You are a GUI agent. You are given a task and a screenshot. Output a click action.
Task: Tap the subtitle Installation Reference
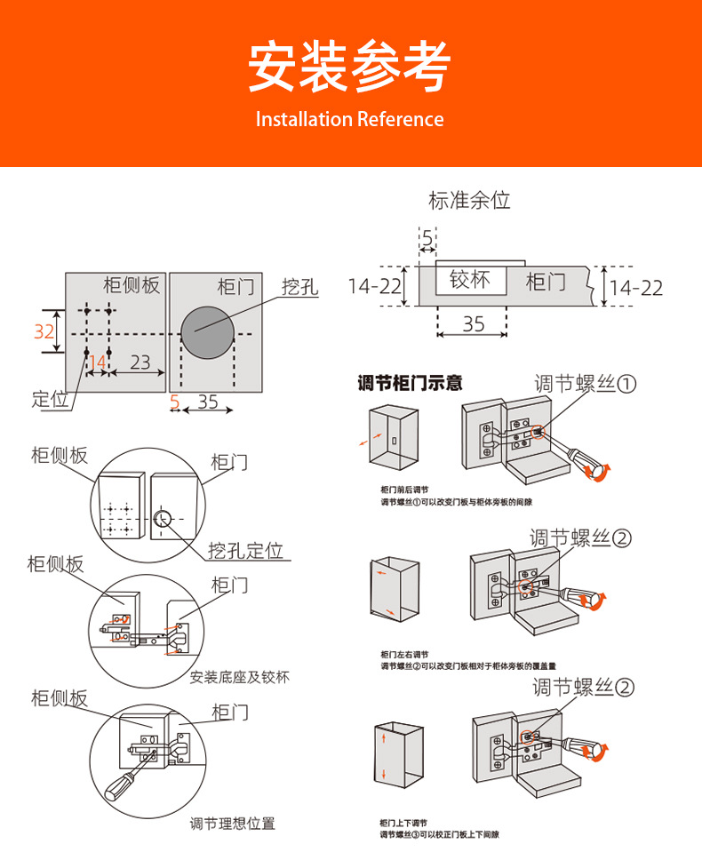pos(349,119)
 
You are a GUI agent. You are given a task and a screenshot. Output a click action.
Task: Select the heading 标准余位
pos(469,200)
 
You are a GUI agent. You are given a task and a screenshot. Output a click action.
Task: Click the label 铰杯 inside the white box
pos(470,280)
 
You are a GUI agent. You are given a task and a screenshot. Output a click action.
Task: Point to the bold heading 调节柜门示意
pos(410,384)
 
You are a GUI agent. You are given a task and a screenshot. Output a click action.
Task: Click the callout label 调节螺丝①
pos(586,384)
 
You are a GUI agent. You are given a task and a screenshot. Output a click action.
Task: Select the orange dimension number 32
pos(44,331)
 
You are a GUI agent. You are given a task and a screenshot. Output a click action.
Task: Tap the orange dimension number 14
pos(97,362)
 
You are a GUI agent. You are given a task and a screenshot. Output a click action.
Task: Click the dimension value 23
pos(140,362)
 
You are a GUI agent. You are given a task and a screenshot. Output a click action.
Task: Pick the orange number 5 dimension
pos(174,402)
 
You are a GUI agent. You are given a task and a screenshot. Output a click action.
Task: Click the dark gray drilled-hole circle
pos(208,330)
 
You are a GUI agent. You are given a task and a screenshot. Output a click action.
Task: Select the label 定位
pos(50,399)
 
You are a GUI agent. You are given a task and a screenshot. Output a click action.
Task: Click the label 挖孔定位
pos(245,550)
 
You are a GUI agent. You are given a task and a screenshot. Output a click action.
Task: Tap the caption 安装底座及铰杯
pos(240,677)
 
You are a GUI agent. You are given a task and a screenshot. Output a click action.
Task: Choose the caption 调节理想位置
pos(233,823)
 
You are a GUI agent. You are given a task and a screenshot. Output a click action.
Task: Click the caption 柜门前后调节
pos(404,490)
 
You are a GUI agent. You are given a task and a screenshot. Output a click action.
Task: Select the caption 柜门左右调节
pos(404,653)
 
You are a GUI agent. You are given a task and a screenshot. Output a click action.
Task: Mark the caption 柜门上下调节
pos(404,822)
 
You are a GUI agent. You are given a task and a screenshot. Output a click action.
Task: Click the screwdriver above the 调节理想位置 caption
pos(124,782)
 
